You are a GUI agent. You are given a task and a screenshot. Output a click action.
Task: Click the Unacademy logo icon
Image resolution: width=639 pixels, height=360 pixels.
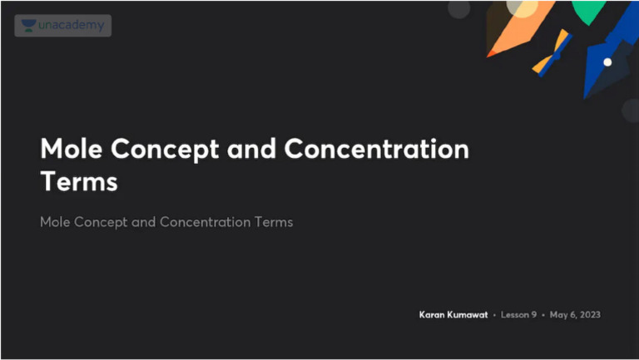[29, 26]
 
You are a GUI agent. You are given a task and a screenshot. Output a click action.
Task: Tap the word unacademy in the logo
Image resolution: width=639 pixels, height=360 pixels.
[72, 26]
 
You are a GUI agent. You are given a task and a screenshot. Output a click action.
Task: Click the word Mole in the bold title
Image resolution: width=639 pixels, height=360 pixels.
[72, 150]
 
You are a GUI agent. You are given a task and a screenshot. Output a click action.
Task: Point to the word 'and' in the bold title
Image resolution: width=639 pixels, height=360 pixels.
[251, 150]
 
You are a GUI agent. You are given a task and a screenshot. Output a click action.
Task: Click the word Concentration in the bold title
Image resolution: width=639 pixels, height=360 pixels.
[377, 150]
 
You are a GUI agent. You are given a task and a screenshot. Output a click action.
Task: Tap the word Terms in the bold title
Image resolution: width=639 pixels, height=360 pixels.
[79, 181]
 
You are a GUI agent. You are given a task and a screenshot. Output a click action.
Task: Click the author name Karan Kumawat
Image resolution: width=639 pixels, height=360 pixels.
[453, 315]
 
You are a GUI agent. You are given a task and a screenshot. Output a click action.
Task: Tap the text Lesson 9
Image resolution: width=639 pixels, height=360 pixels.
[518, 315]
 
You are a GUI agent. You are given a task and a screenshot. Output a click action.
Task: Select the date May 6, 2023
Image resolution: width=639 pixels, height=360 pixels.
[575, 315]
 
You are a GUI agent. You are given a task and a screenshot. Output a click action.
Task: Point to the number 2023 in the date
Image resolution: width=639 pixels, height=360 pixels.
[588, 315]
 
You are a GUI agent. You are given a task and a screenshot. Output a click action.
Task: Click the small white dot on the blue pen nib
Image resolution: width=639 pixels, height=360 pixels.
[607, 62]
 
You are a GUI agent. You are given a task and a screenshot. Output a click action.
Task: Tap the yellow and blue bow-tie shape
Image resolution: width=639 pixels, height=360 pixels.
[552, 52]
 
